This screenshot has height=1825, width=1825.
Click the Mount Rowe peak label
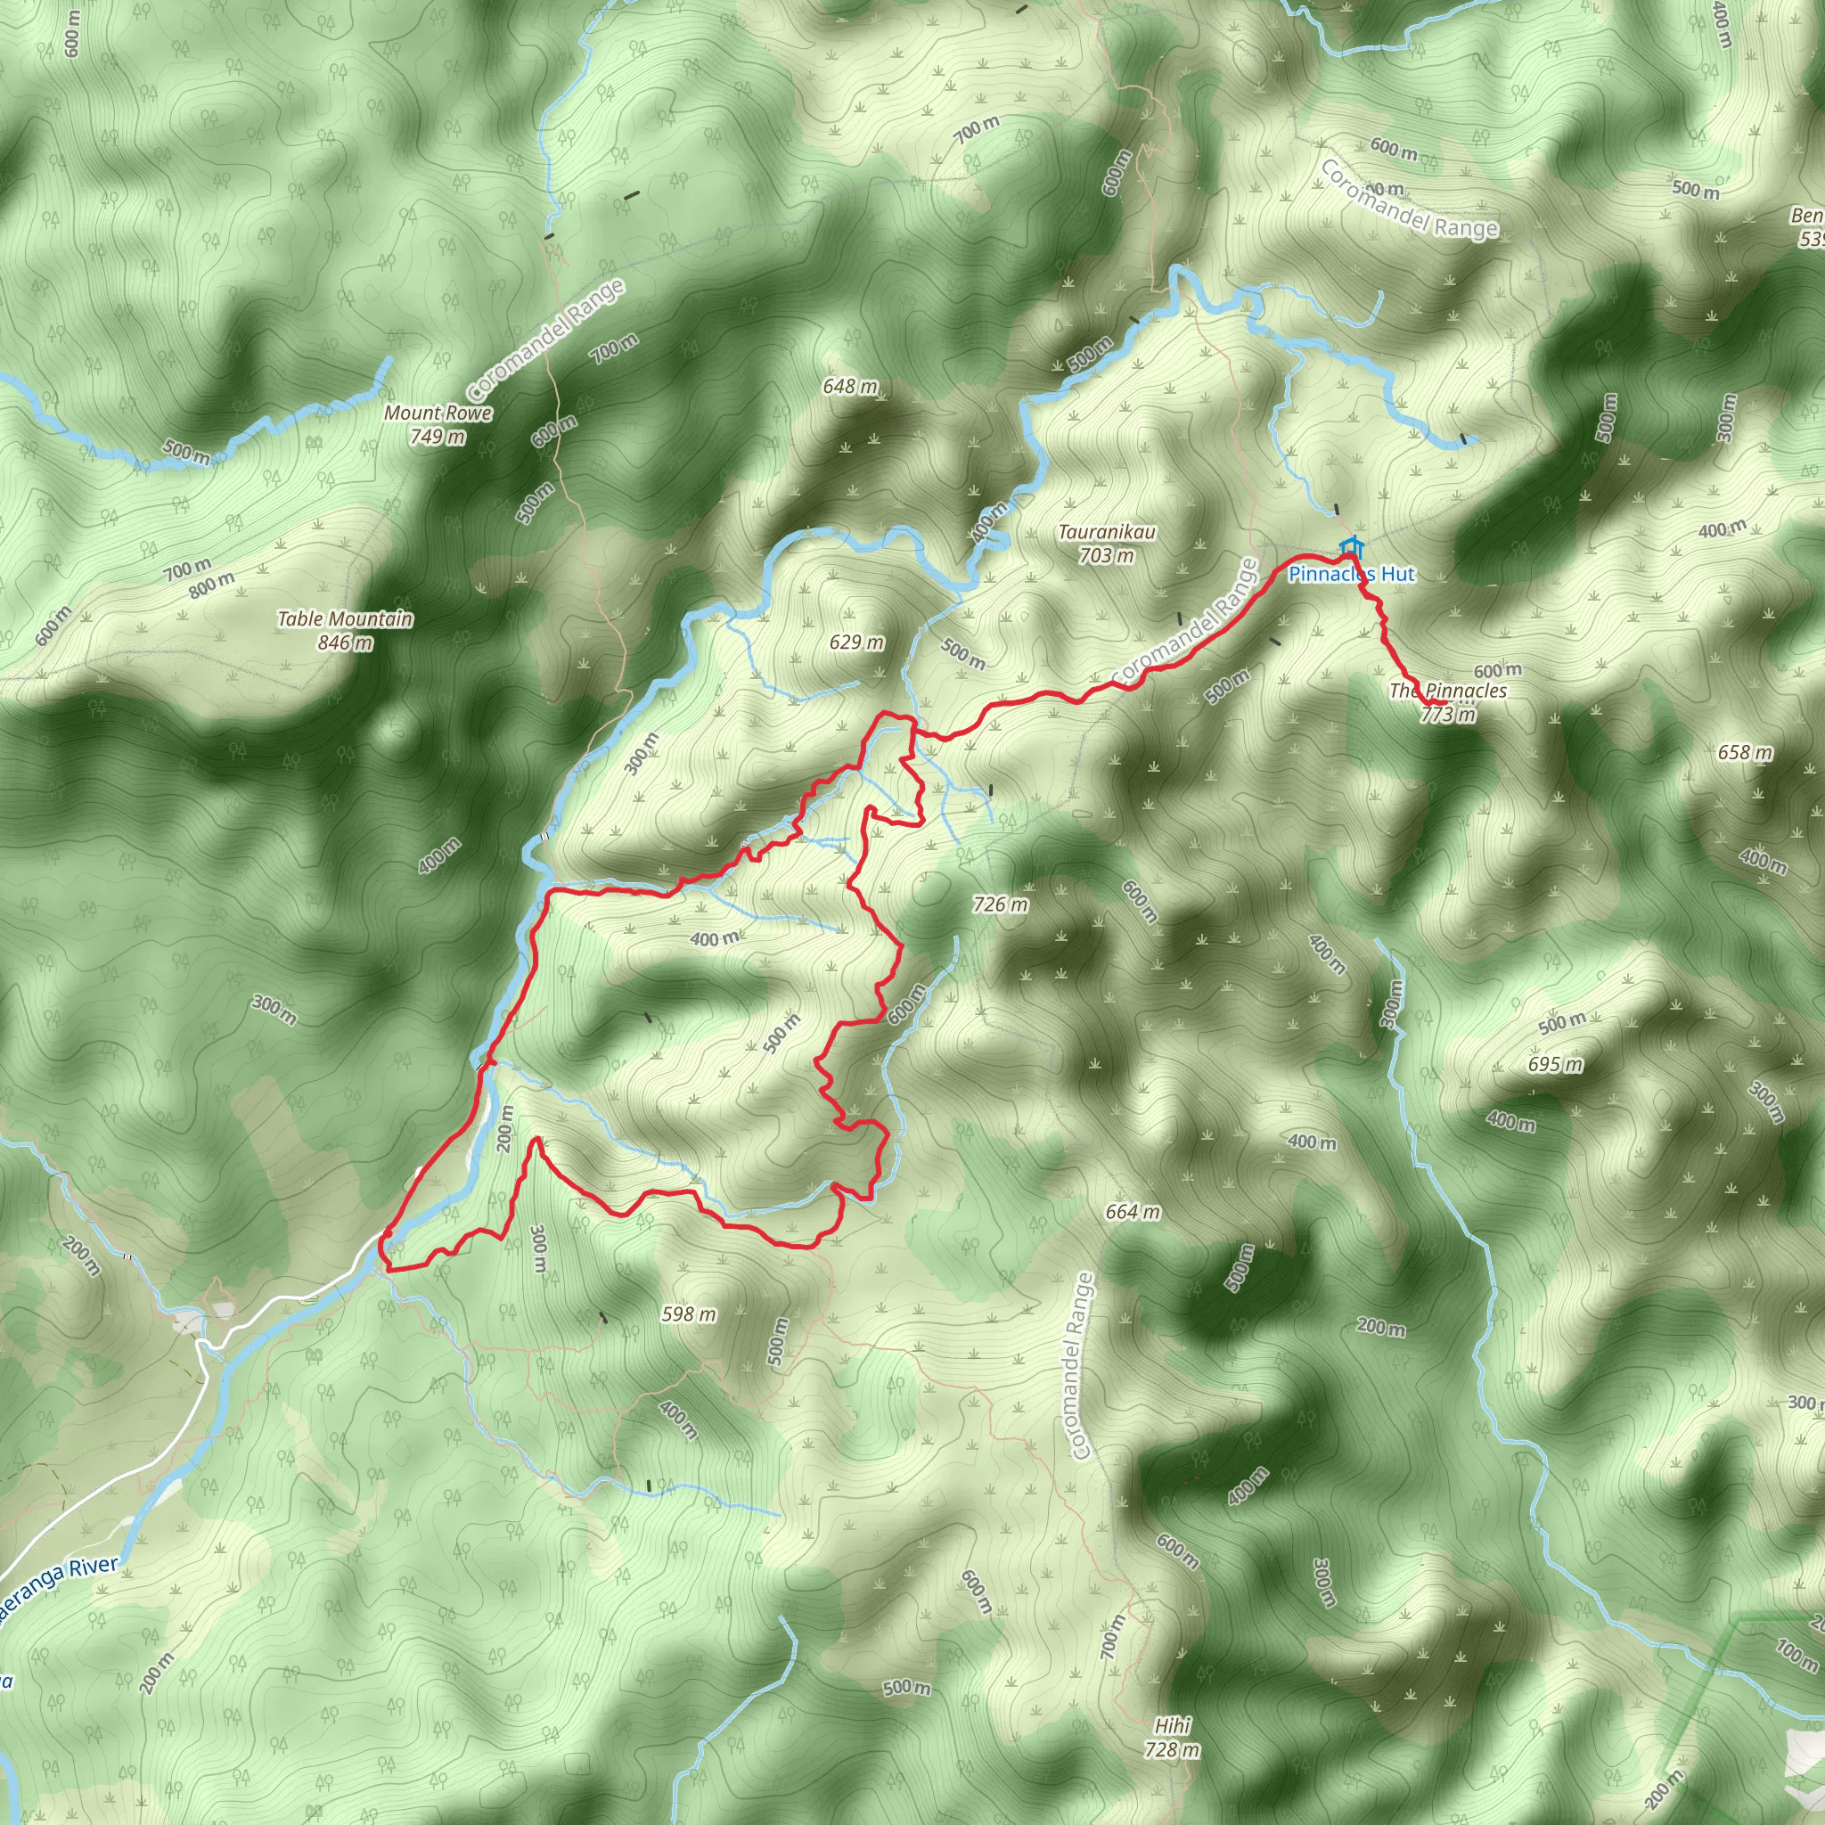point(438,413)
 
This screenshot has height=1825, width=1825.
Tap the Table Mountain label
point(345,618)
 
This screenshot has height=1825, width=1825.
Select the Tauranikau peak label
point(1107,532)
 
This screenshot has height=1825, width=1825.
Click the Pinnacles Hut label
point(1352,575)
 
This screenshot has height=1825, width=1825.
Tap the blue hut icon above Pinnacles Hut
point(1353,547)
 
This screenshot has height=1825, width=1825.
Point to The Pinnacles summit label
point(1448,691)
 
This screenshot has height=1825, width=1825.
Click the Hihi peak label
point(1173,1726)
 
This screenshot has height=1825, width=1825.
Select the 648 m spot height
point(850,387)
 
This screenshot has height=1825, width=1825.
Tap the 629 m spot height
point(856,642)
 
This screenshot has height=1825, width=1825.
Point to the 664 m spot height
point(1133,1211)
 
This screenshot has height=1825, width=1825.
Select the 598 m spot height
point(689,1314)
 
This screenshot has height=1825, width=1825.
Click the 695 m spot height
point(1555,1065)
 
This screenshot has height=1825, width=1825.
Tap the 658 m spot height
point(1745,752)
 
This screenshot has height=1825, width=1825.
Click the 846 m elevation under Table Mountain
point(345,643)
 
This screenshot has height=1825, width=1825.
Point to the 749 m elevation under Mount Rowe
point(438,437)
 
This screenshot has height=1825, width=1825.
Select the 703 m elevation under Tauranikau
point(1107,556)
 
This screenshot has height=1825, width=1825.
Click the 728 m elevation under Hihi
point(1173,1749)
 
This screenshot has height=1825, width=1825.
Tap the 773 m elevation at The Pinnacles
point(1448,714)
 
